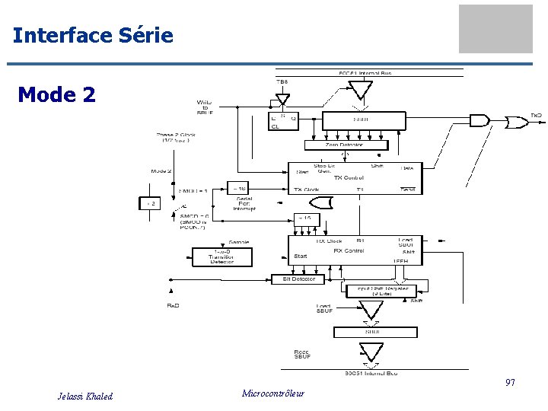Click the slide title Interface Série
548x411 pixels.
(93, 35)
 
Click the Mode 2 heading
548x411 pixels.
(56, 94)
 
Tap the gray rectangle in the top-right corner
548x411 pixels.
(495, 29)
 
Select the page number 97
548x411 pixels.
(510, 382)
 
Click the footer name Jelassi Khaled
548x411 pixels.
(85, 396)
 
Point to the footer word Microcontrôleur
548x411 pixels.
(272, 393)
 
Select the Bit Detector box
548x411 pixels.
(298, 279)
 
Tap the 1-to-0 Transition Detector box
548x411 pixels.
(221, 257)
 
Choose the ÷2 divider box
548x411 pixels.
(150, 202)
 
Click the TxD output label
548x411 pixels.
(537, 116)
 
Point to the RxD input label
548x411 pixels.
(174, 306)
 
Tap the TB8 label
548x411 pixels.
(281, 82)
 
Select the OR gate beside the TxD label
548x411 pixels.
(517, 120)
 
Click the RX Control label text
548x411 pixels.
(349, 250)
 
